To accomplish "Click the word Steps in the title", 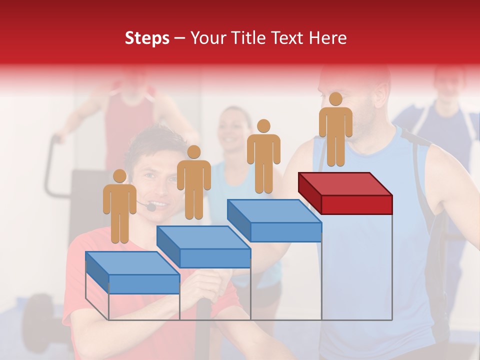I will [x=147, y=38].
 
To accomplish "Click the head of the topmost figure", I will [x=335, y=99].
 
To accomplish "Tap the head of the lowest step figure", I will [x=119, y=176].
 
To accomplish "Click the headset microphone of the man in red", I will [x=150, y=206].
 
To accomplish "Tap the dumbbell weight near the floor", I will [x=37, y=315].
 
